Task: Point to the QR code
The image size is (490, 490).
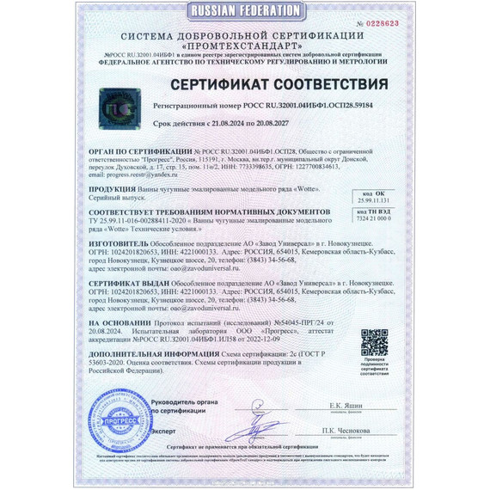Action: click(x=372, y=341)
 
